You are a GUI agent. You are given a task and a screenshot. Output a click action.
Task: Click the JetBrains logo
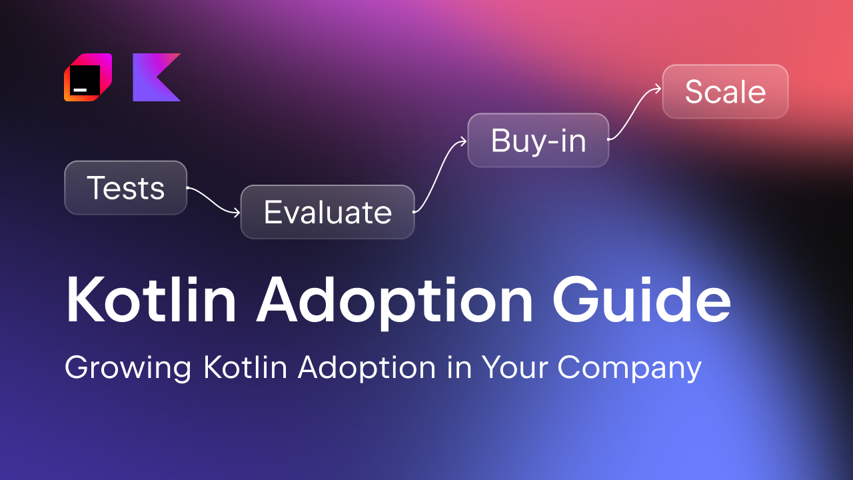pos(87,77)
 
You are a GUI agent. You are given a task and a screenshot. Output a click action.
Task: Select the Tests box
pos(125,188)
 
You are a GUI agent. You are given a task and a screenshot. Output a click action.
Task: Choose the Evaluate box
pos(327,212)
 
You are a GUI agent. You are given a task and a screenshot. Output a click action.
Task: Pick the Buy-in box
pos(538,141)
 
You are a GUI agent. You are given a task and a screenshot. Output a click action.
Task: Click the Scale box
pos(725,91)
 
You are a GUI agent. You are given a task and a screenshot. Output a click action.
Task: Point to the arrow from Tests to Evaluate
pos(213,201)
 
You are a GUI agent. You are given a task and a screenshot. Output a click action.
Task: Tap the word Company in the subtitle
pos(630,369)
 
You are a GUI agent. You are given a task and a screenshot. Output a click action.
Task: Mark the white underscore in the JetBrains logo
pos(80,87)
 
